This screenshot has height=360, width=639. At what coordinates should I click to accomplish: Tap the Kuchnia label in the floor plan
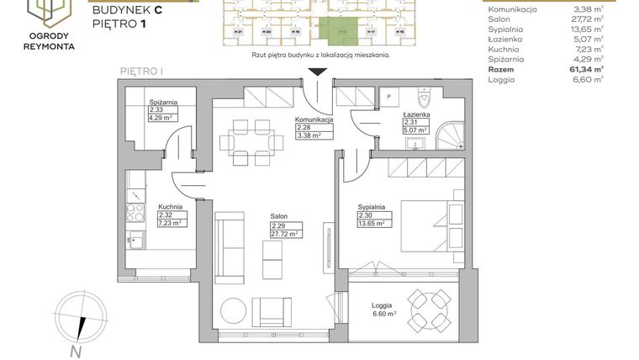tap(172, 206)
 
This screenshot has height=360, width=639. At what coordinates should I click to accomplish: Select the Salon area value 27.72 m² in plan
tap(286, 234)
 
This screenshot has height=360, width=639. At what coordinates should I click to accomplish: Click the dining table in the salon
tap(251, 143)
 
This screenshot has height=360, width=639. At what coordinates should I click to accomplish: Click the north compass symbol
tap(76, 320)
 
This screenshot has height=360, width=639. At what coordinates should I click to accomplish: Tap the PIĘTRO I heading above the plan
tap(140, 72)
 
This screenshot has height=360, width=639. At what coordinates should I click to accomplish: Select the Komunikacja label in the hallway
tap(314, 119)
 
